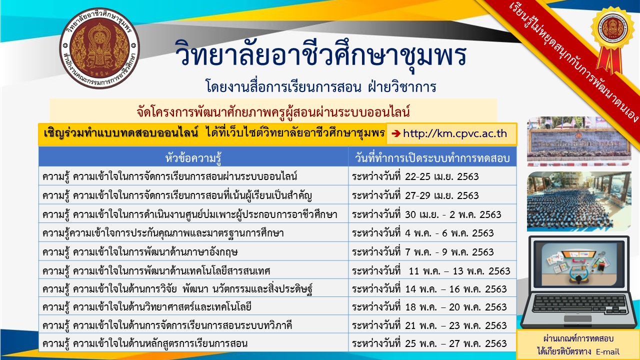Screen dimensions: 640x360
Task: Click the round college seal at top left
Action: coord(99,48)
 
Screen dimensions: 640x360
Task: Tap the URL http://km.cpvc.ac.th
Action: coord(455,133)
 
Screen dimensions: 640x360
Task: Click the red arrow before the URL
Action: coord(396,133)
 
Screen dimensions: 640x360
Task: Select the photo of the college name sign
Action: coord(579,141)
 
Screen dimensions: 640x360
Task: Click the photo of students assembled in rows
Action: coord(579,201)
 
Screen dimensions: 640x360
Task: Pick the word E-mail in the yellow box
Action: coord(607,351)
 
